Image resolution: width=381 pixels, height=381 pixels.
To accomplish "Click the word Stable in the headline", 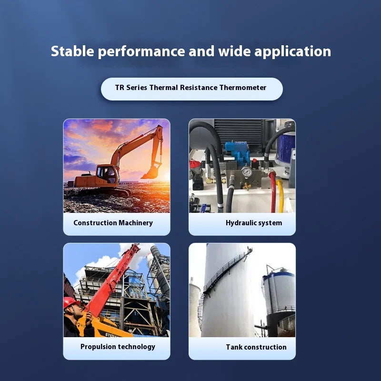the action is click(x=72, y=51).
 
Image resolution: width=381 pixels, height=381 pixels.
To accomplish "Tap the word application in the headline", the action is click(x=292, y=52).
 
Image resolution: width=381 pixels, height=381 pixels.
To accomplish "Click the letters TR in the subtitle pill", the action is click(x=120, y=88).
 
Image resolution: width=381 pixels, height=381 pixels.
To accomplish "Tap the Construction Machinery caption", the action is click(x=113, y=223).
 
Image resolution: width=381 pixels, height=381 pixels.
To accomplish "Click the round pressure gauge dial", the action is click(x=246, y=172).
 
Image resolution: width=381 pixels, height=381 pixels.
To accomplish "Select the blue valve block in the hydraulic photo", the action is click(x=237, y=152).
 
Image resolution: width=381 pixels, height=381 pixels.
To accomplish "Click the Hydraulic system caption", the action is click(x=254, y=223).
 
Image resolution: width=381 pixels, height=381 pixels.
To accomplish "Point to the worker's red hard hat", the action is click(x=71, y=302).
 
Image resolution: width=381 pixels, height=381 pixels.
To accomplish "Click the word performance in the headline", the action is click(x=141, y=52).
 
